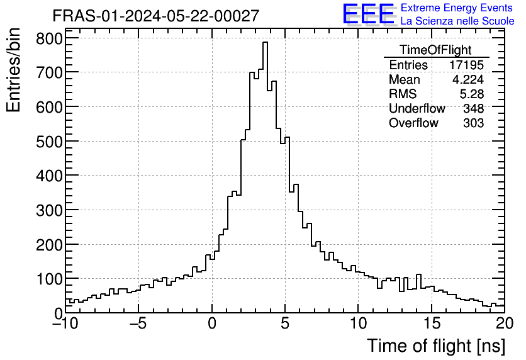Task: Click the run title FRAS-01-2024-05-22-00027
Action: point(155,16)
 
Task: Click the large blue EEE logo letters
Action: point(368,14)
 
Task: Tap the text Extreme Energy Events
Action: point(457,9)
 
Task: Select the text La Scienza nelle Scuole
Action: point(457,21)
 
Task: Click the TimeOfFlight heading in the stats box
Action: point(435,50)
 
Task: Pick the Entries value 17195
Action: point(467,65)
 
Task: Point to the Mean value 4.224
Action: point(469,80)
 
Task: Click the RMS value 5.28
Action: point(472,94)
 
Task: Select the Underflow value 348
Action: point(473,109)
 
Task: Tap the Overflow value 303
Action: point(473,123)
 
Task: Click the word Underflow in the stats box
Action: point(417,109)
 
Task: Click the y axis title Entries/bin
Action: point(14,71)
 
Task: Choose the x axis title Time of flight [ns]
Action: point(436,346)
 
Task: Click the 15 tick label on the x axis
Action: point(432,323)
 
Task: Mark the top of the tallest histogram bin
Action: point(265,42)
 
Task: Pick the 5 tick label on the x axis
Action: point(285,323)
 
